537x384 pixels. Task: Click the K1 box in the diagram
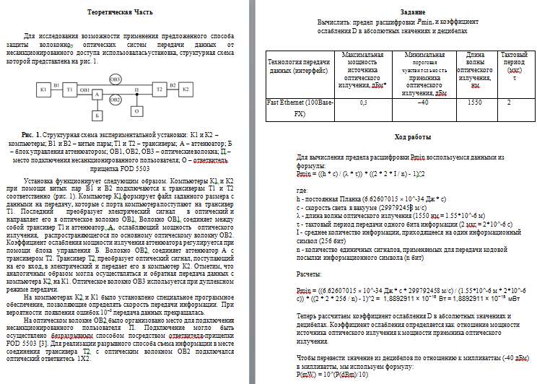(43, 90)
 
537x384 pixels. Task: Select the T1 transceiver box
(69, 90)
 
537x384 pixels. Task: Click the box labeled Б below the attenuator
(97, 114)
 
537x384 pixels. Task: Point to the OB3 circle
(115, 77)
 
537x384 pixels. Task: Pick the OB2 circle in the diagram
(115, 100)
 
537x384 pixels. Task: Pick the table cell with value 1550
(474, 102)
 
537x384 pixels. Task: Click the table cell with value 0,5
(363, 102)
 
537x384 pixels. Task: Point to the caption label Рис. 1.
(32, 135)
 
